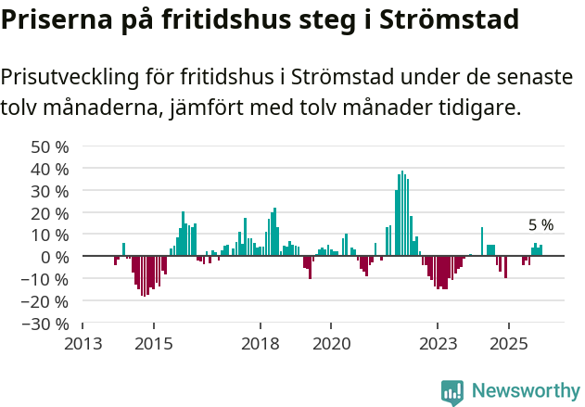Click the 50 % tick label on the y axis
click(x=50, y=146)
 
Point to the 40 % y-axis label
click(x=50, y=169)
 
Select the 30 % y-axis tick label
click(x=50, y=191)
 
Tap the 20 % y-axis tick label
click(x=50, y=213)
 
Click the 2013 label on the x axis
click(x=83, y=343)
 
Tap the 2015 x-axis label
click(x=153, y=343)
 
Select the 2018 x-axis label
click(x=260, y=343)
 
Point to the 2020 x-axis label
click(x=331, y=343)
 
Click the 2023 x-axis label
click(x=438, y=343)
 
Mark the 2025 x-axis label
click(x=508, y=343)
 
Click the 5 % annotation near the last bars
click(x=540, y=225)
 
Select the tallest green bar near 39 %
click(x=401, y=213)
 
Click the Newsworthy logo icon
click(x=452, y=391)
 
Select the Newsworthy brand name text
click(x=525, y=391)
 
